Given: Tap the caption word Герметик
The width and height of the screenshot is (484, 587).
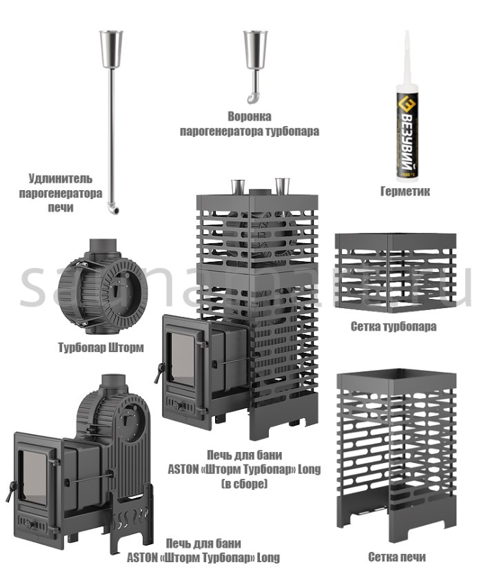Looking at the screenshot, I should coord(405,192).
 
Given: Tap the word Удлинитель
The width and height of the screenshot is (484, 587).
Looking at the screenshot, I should coord(60,178).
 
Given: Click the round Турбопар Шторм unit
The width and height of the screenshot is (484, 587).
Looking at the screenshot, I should coord(101,284).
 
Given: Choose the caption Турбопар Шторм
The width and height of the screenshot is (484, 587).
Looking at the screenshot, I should coord(101,347).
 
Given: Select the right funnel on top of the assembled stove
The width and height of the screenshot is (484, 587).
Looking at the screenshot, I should coord(282,185).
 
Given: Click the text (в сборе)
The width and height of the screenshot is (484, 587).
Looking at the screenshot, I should coord(244,484).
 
